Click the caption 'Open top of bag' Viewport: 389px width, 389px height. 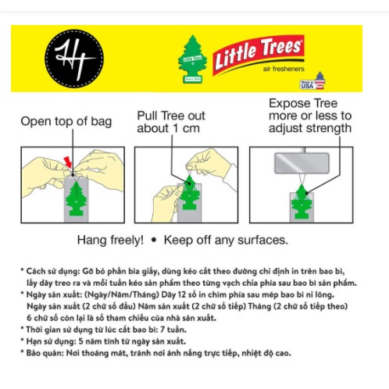[x=66, y=121]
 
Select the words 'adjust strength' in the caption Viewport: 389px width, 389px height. [x=309, y=129]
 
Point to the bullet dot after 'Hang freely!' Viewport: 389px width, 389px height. [x=155, y=240]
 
